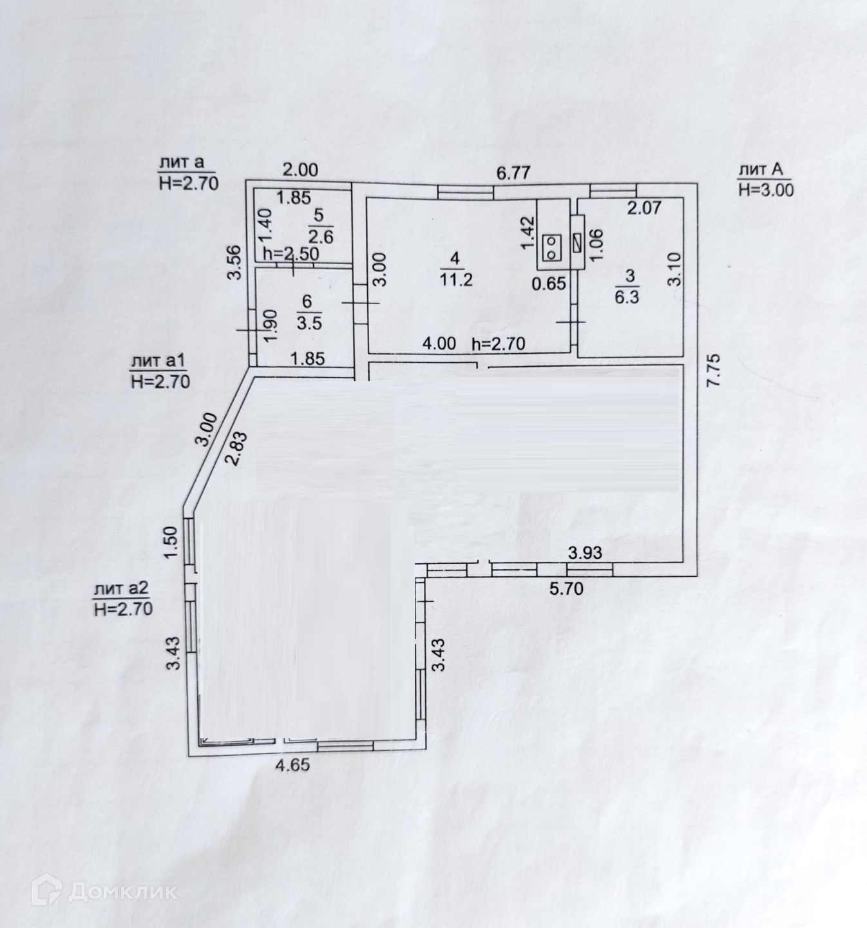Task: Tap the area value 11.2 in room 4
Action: click(456, 279)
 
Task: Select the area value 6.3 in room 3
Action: click(627, 297)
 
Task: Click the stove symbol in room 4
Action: click(552, 247)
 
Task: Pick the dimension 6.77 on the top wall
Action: click(513, 173)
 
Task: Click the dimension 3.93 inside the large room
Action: click(584, 552)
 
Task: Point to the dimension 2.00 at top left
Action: click(301, 170)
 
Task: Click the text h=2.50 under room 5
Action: click(290, 253)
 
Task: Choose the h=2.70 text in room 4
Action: click(499, 343)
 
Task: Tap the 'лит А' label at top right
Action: click(761, 169)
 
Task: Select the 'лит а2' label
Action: click(122, 588)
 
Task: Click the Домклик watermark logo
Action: click(105, 892)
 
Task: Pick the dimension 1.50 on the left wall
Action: click(170, 544)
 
